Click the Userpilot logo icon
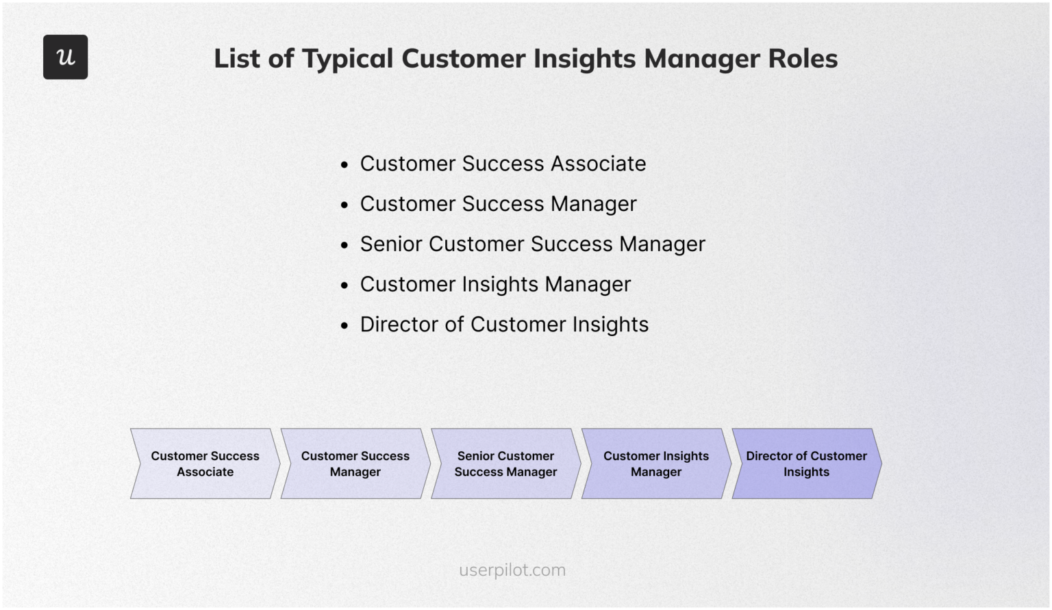click(65, 57)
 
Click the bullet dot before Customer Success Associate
click(345, 165)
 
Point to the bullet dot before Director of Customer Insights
click(345, 326)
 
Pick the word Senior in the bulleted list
click(390, 244)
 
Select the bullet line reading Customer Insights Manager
click(495, 284)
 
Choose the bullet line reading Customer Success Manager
click(498, 204)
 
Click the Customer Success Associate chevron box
click(205, 463)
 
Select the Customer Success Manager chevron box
click(355, 463)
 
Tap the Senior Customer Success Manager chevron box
click(505, 463)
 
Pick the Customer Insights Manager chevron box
click(655, 463)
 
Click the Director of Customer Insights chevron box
click(806, 463)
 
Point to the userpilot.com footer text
click(512, 570)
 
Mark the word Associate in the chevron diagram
click(205, 472)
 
